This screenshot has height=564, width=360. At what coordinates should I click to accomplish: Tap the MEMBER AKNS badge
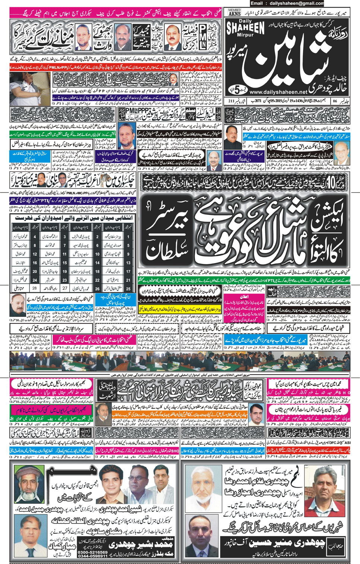[x=234, y=12]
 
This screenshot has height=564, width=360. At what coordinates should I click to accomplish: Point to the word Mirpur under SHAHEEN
[x=245, y=35]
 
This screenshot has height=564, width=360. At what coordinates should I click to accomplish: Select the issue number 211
[x=231, y=101]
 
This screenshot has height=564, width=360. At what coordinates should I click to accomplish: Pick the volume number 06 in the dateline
[x=335, y=101]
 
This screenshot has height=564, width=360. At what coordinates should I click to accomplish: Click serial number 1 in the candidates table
[x=129, y=237]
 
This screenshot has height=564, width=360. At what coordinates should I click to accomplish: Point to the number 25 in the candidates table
[x=129, y=288]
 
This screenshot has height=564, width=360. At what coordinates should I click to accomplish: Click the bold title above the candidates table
[x=72, y=218]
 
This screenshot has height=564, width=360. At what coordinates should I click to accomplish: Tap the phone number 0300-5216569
[x=93, y=552]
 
